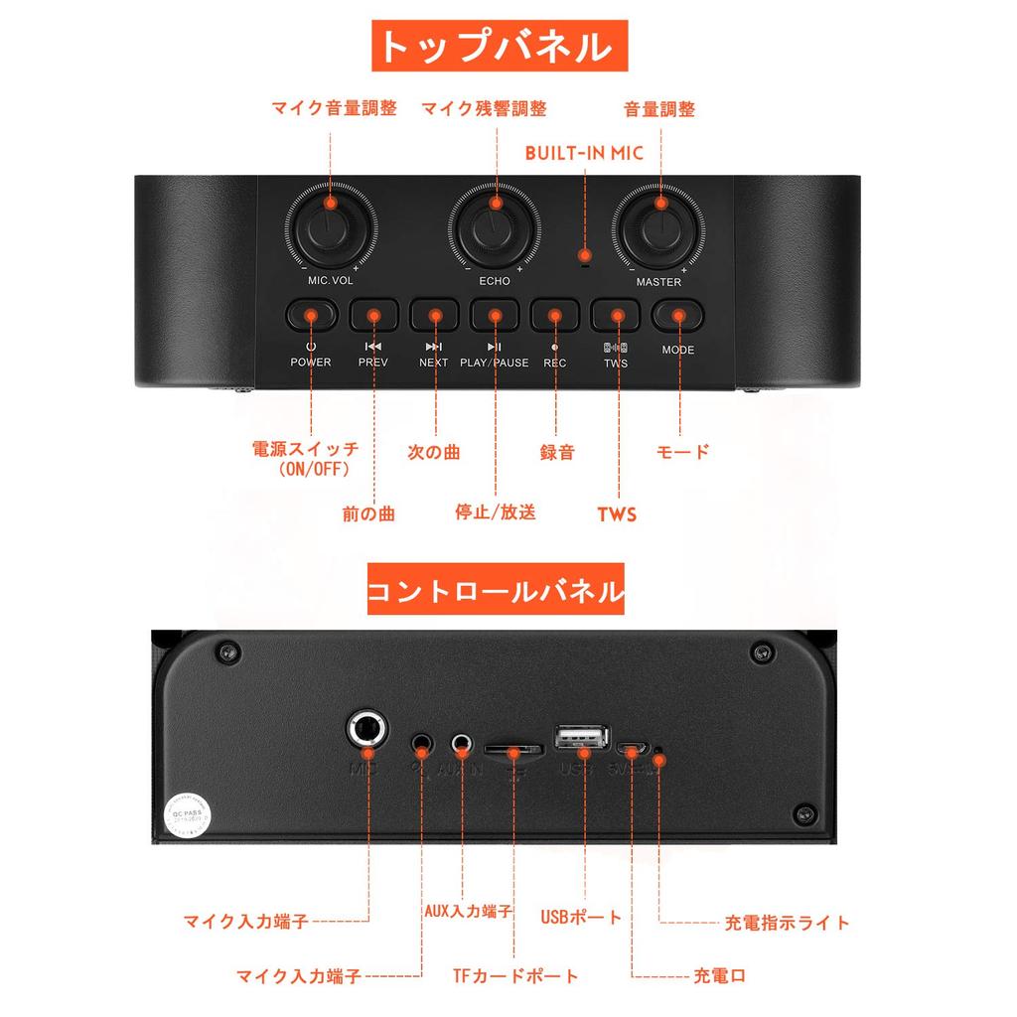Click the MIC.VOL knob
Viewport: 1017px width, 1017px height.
[x=331, y=229]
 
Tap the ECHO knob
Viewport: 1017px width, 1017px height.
[x=494, y=229]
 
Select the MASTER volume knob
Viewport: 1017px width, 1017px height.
[x=658, y=229]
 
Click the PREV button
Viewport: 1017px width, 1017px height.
[x=373, y=316]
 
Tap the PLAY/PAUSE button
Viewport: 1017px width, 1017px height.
[x=495, y=316]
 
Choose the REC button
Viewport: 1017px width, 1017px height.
[x=555, y=316]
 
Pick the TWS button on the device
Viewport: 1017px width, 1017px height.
[x=617, y=316]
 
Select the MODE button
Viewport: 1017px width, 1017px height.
[x=678, y=316]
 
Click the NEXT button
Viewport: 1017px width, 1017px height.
[x=434, y=316]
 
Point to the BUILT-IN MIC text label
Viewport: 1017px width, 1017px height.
[x=584, y=153]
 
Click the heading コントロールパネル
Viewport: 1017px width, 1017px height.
[x=496, y=592]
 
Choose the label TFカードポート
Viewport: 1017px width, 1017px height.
[x=514, y=976]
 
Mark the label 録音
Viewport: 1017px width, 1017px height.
[x=557, y=452]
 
